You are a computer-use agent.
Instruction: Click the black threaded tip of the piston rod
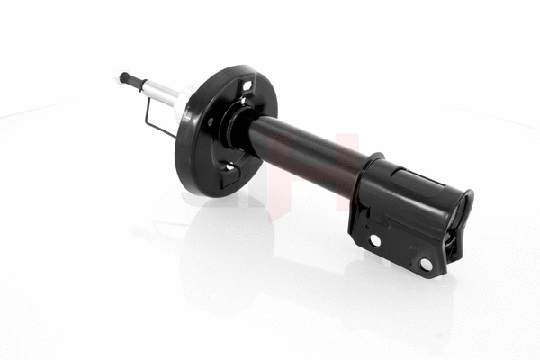tap(124, 78)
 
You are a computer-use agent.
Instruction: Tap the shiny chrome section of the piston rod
tap(160, 89)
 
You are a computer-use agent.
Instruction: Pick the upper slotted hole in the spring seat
tap(245, 87)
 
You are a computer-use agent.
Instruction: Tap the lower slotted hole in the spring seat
tap(229, 167)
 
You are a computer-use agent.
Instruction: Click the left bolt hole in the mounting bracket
tap(374, 240)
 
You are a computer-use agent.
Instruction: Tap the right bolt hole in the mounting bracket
tap(426, 264)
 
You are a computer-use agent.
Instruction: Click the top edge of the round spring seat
tap(236, 67)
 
